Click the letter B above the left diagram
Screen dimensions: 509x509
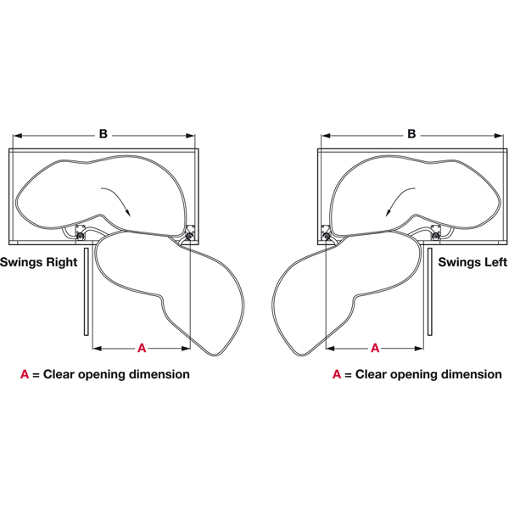[x=103, y=134]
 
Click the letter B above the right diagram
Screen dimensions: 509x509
[x=411, y=134]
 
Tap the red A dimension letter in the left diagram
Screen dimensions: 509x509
[x=142, y=348]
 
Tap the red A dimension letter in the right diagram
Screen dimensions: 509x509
[x=374, y=348]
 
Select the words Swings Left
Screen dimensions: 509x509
[x=473, y=263]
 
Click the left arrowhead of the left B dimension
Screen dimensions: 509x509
[x=14, y=134]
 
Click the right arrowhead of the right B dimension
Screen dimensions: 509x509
[x=501, y=134]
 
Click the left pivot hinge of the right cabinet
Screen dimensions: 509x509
[x=326, y=231]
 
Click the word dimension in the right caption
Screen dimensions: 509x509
[x=470, y=374]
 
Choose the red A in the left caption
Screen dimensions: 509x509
[x=25, y=374]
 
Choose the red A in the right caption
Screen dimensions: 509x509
[x=337, y=374]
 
